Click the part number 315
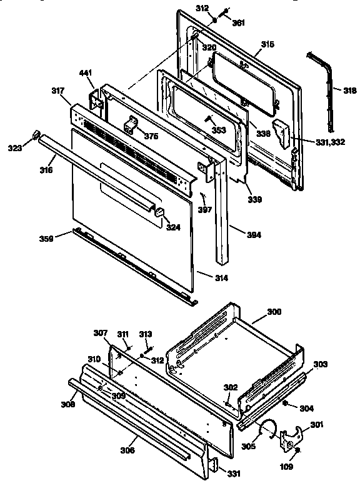267,44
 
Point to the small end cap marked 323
36,134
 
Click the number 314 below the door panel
204,277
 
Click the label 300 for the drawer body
274,311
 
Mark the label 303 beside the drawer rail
319,364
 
